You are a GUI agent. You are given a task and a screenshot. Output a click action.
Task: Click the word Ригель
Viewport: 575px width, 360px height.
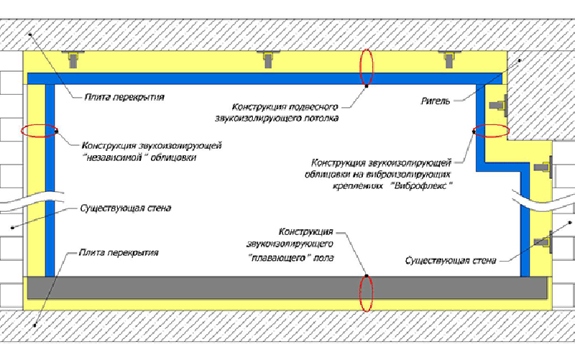coord(436,101)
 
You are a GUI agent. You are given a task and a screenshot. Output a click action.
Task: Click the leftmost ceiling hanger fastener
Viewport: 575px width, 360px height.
coord(73,59)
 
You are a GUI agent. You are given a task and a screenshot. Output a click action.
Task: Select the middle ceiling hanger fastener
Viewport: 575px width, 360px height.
coord(268,59)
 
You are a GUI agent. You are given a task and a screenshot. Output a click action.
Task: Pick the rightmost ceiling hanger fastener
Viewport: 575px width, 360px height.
coord(448,59)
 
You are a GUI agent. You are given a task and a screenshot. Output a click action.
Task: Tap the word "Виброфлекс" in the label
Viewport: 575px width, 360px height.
coord(422,185)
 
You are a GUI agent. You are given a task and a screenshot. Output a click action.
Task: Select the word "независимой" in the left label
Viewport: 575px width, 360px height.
coord(117,157)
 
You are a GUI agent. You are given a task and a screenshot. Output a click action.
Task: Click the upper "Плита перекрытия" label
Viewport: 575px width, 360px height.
coord(124,97)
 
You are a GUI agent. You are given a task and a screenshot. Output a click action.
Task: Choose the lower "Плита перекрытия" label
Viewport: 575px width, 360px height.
coord(119,253)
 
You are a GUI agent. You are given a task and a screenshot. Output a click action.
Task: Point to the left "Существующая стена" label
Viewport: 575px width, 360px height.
coord(125,208)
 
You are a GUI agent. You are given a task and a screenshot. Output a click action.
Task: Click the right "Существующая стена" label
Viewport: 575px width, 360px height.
coord(451,261)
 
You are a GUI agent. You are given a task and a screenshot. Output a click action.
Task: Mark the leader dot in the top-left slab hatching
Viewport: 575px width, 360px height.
coord(30,34)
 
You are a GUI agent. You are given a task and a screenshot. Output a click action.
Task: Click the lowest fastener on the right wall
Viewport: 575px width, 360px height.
coord(543,241)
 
